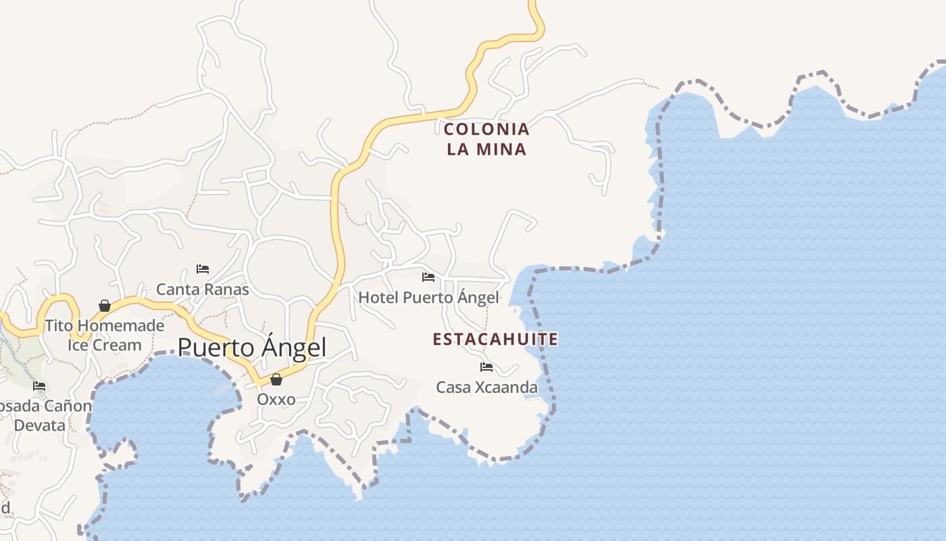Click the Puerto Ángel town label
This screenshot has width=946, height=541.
tap(251, 348)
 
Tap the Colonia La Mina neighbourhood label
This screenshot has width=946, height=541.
tap(487, 139)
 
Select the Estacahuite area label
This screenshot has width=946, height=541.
tap(495, 339)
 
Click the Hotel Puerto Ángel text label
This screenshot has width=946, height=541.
tap(428, 297)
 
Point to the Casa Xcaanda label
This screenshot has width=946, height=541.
tap(487, 387)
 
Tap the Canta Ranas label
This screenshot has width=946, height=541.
tap(203, 289)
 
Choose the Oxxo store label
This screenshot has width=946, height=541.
tap(276, 399)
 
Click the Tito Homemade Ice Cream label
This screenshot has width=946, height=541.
tap(105, 335)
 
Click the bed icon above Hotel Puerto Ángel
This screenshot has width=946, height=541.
tap(428, 277)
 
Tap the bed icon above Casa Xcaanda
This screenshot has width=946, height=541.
tap(486, 367)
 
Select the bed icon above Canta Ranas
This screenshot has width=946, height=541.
tap(202, 269)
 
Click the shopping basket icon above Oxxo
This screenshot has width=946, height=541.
tap(276, 379)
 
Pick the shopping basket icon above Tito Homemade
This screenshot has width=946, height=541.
tap(105, 306)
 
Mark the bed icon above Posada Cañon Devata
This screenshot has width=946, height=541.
tap(39, 386)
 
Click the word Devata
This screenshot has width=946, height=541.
tap(40, 425)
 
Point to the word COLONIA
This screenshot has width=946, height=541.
tap(487, 128)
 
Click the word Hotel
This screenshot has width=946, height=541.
tap(378, 297)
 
